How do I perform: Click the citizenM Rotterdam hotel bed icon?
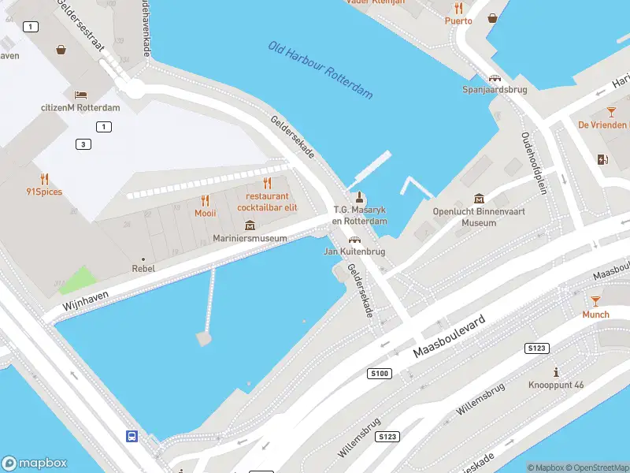point(80,95)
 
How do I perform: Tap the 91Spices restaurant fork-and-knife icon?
point(44,179)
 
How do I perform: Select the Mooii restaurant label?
point(205,213)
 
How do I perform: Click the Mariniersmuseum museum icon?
point(250,225)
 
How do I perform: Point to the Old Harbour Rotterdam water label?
point(321,70)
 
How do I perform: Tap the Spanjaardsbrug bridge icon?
point(495,78)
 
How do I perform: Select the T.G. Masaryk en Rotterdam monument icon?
point(360,197)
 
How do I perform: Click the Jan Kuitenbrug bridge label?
point(354,251)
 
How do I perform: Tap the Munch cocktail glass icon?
point(595,301)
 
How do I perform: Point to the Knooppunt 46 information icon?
point(557,372)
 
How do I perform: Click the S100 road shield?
point(379,373)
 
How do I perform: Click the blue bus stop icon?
point(132,436)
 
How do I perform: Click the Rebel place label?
point(143,268)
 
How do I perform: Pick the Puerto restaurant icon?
point(458,8)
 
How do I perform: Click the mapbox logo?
point(35,464)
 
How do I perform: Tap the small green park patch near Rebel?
point(76,280)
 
